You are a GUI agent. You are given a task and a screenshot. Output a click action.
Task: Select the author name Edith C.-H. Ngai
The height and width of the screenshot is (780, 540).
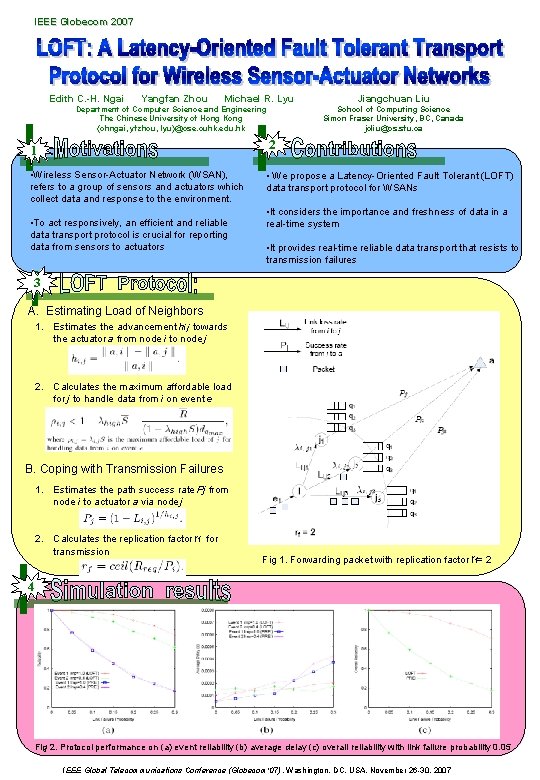[x=87, y=99]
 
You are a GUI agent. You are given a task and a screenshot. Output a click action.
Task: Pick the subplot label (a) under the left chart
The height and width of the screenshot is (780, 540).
[x=103, y=731]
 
